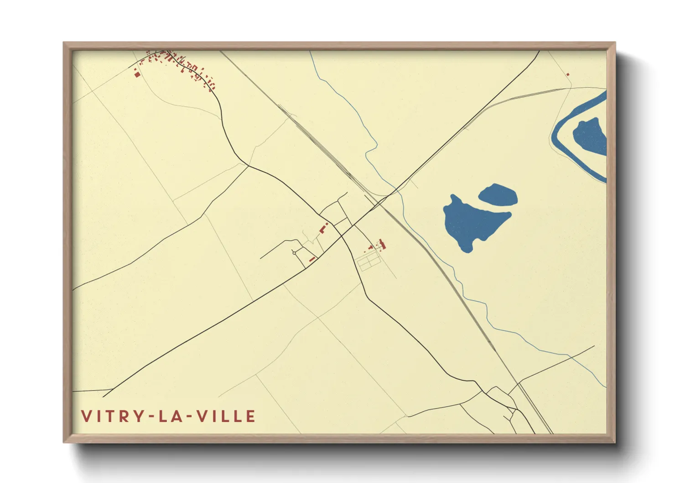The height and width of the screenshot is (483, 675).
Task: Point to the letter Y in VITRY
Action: click(137, 416)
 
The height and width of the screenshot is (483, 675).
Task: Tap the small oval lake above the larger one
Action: click(498, 195)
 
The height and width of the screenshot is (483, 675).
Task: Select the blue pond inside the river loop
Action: click(590, 135)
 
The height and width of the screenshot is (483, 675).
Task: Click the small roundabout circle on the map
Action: click(294, 252)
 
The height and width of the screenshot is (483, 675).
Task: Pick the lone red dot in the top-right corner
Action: click(568, 74)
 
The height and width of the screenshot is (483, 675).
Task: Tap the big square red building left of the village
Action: click(137, 73)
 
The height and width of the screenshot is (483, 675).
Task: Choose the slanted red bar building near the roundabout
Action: click(312, 259)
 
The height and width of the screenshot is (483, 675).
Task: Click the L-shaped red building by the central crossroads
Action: click(323, 228)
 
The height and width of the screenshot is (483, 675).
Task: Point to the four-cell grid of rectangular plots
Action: click(369, 262)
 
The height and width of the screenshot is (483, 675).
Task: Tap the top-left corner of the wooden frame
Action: click(64, 43)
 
